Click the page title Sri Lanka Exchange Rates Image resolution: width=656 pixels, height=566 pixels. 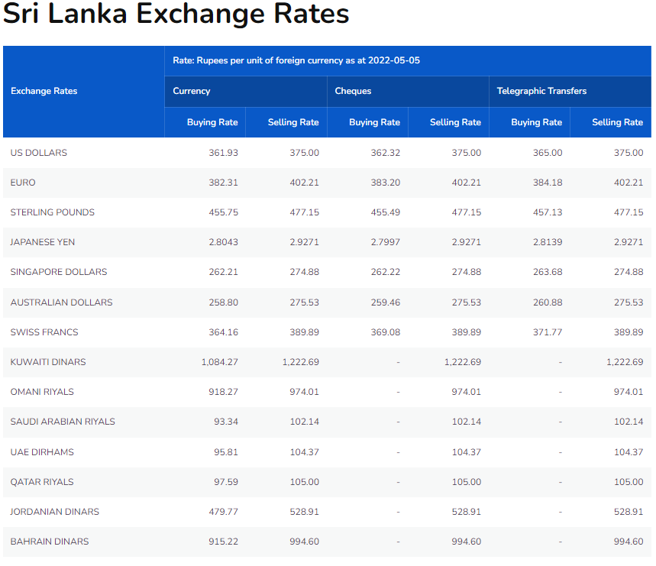coord(176,15)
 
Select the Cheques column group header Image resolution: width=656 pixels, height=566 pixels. coord(354,91)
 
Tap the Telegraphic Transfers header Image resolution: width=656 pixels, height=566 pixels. coord(541,91)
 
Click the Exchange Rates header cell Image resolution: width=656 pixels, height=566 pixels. coord(44,91)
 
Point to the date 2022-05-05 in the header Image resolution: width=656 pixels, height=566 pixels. coord(393,60)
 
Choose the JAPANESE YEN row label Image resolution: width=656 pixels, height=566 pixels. coord(43,242)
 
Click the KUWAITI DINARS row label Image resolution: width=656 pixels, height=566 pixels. coord(48,362)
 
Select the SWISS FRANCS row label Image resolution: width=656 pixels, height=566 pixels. coord(44,332)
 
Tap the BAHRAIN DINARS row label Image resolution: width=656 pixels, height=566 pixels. coord(50,542)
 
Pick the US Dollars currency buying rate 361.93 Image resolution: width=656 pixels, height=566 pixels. coord(223,153)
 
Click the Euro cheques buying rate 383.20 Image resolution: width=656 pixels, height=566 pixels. coord(385,183)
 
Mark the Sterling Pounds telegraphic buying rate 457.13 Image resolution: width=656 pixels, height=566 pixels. coord(547,212)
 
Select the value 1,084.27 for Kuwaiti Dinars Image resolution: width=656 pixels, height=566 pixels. coord(220,362)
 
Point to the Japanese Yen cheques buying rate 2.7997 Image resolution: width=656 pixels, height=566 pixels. coord(383,242)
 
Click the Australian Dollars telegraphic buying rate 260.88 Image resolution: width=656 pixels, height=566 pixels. coord(547,302)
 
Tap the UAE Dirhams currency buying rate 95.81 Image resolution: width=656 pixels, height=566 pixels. coord(226,452)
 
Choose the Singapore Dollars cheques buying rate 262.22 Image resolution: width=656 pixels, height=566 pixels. coord(385,272)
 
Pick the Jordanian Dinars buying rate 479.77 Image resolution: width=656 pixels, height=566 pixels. coord(223,512)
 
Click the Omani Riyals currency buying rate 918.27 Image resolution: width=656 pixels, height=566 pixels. coord(223,392)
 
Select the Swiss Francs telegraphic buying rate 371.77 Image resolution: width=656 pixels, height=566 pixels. coord(547,332)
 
